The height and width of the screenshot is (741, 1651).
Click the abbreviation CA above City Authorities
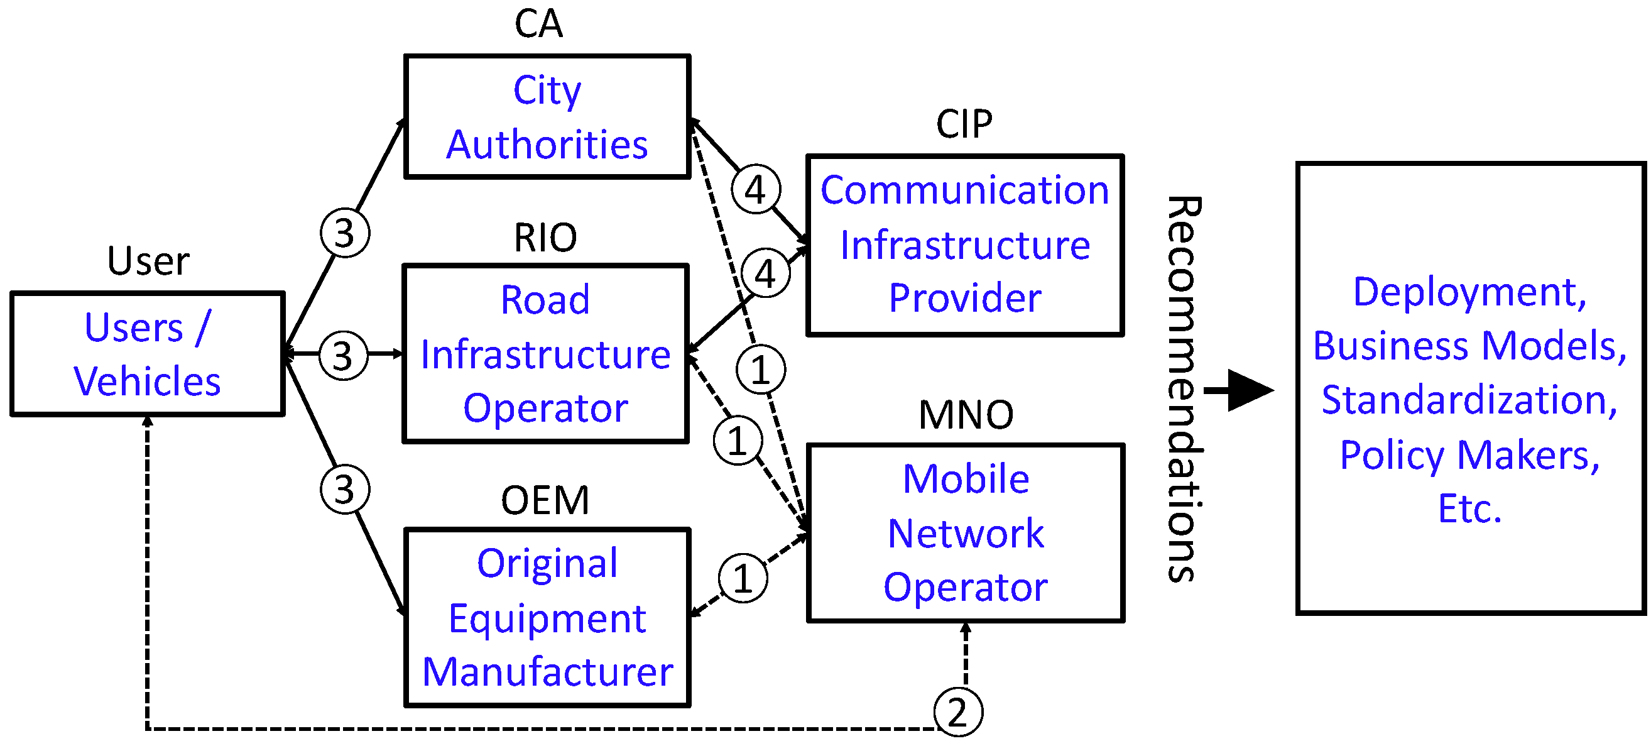pos(538,25)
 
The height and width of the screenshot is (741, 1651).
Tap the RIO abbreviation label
pos(545,238)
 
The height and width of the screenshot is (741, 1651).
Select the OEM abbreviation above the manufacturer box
pos(545,501)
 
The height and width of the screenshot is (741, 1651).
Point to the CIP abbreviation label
pos(964,124)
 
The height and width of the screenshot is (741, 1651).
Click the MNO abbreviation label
pos(966,415)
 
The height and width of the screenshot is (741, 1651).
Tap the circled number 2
pos(957,712)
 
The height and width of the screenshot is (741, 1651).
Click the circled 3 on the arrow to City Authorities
pos(345,233)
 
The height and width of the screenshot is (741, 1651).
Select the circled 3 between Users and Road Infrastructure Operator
pos(344,356)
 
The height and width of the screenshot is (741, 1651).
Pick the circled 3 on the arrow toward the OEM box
pos(345,490)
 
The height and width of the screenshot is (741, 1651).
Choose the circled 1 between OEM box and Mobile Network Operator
pos(743,579)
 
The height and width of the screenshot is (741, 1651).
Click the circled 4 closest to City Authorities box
pos(756,190)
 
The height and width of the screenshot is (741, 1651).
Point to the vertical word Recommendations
pos(1184,388)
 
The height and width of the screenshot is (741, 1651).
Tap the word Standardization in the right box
pos(1469,400)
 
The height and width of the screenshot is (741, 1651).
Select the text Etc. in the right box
pos(1469,510)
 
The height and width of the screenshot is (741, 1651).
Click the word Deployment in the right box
pos(1469,293)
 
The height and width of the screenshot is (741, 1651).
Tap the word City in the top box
pos(547,91)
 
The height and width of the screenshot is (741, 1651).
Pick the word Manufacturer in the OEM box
pos(547,672)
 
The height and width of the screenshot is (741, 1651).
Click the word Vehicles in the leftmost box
pos(147,382)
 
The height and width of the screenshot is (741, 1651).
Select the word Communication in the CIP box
pos(964,190)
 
